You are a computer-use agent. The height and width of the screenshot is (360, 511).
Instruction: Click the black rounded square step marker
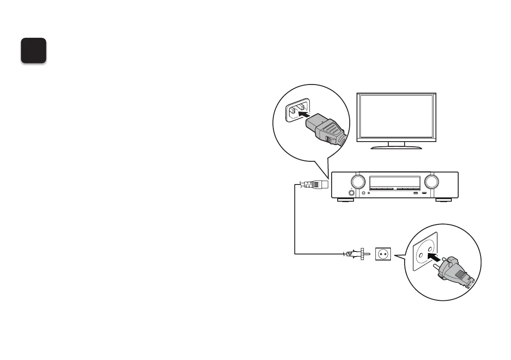[34, 51]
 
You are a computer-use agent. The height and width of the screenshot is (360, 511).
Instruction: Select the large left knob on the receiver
[357, 182]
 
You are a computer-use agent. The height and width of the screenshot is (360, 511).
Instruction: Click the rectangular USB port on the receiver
[415, 193]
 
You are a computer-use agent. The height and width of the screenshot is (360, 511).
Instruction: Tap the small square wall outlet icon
[383, 254]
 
